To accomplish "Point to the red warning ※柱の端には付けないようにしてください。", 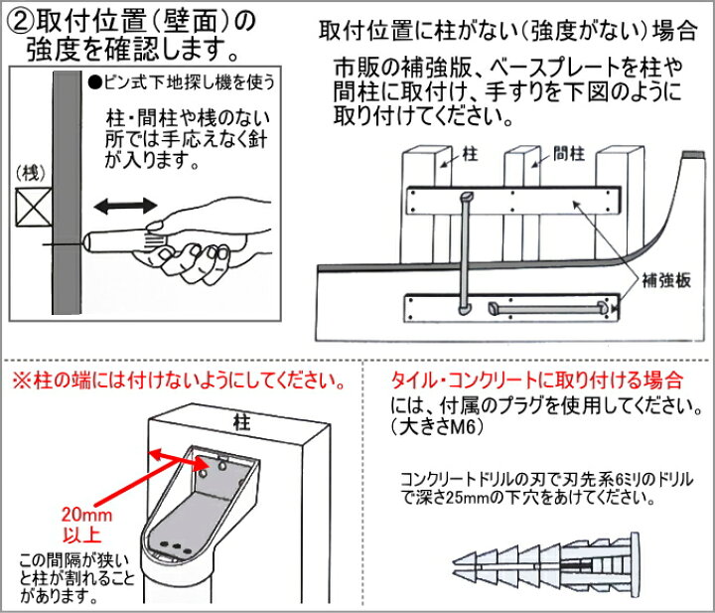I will [179, 382].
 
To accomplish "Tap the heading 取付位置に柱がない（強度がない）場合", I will [507, 30].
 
